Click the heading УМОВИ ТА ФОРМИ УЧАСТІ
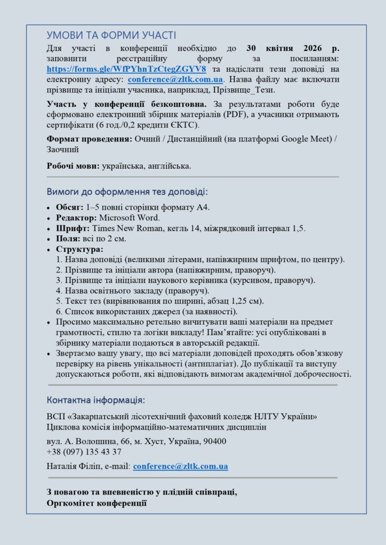(111, 36)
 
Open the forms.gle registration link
(126, 69)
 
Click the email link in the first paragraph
(175, 79)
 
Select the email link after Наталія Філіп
(180, 466)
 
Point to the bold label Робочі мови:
(73, 166)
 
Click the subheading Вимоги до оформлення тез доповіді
(127, 192)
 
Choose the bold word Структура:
(79, 249)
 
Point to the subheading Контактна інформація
(95, 400)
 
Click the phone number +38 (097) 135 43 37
(84, 452)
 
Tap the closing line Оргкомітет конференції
(96, 503)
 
